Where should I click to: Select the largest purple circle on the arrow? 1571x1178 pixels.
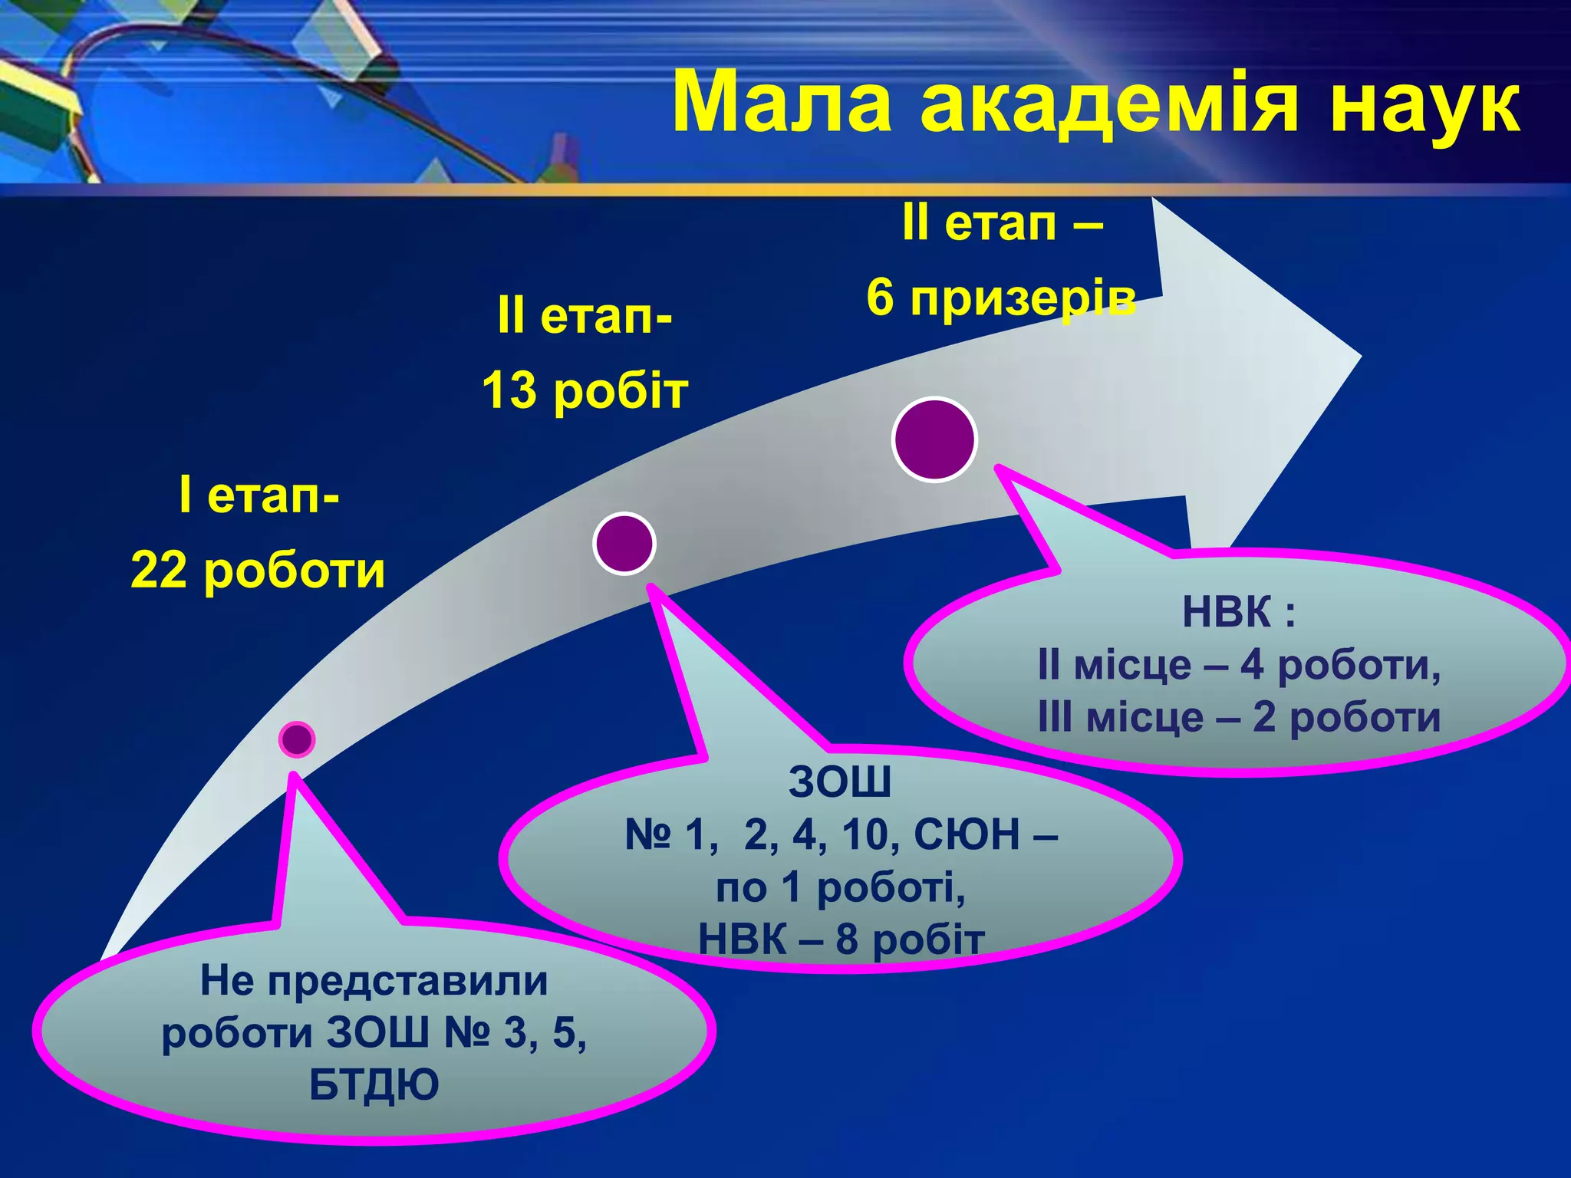934,439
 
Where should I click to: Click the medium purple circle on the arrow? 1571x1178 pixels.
624,543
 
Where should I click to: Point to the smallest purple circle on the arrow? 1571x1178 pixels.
297,739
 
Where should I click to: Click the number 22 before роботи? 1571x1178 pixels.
158,571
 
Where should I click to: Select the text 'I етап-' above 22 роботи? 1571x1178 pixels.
259,495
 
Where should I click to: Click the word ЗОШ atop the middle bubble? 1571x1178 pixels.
840,781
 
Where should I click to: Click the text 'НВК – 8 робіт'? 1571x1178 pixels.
841,939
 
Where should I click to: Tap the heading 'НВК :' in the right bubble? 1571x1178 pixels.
1238,612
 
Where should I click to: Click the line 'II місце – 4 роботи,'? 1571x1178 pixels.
1238,665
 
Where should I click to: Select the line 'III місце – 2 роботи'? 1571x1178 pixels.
1238,718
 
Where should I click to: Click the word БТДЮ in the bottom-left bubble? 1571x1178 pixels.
374,1085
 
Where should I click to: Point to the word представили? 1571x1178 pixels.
408,981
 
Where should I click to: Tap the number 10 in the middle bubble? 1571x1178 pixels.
865,834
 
